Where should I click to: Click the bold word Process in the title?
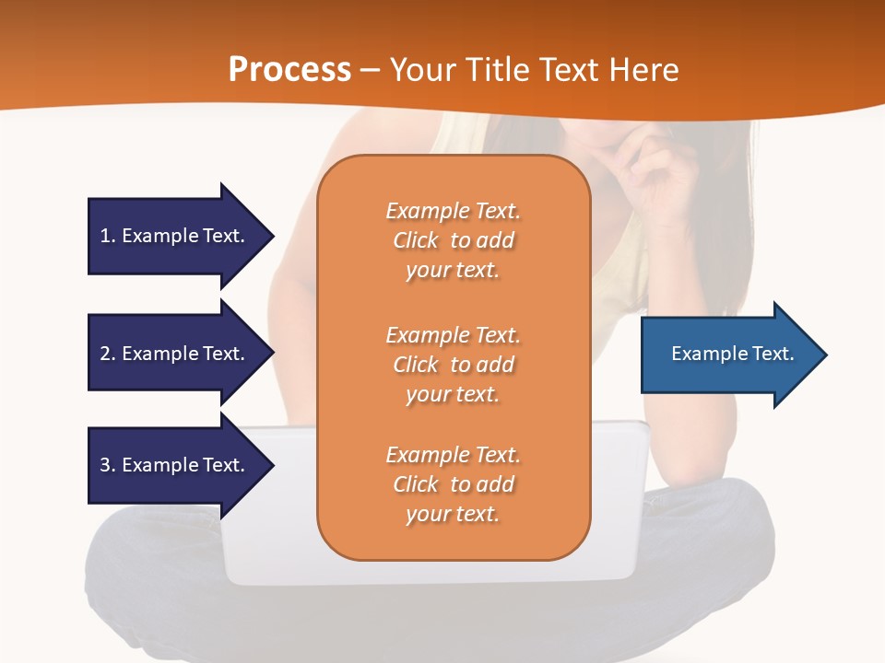pyautogui.click(x=289, y=70)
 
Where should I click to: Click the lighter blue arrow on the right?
pyautogui.click(x=728, y=355)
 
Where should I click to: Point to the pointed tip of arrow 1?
pyautogui.click(x=271, y=236)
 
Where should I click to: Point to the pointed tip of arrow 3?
pyautogui.click(x=271, y=465)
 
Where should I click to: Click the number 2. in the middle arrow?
pyautogui.click(x=107, y=354)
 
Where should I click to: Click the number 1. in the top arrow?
pyautogui.click(x=107, y=236)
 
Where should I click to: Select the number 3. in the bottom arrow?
pyautogui.click(x=107, y=465)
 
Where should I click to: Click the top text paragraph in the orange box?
pyautogui.click(x=453, y=240)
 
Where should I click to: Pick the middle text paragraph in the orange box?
pyautogui.click(x=453, y=365)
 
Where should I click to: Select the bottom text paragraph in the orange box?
pyautogui.click(x=453, y=484)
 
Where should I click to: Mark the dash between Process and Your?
pyautogui.click(x=370, y=71)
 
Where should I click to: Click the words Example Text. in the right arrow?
pyautogui.click(x=732, y=354)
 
